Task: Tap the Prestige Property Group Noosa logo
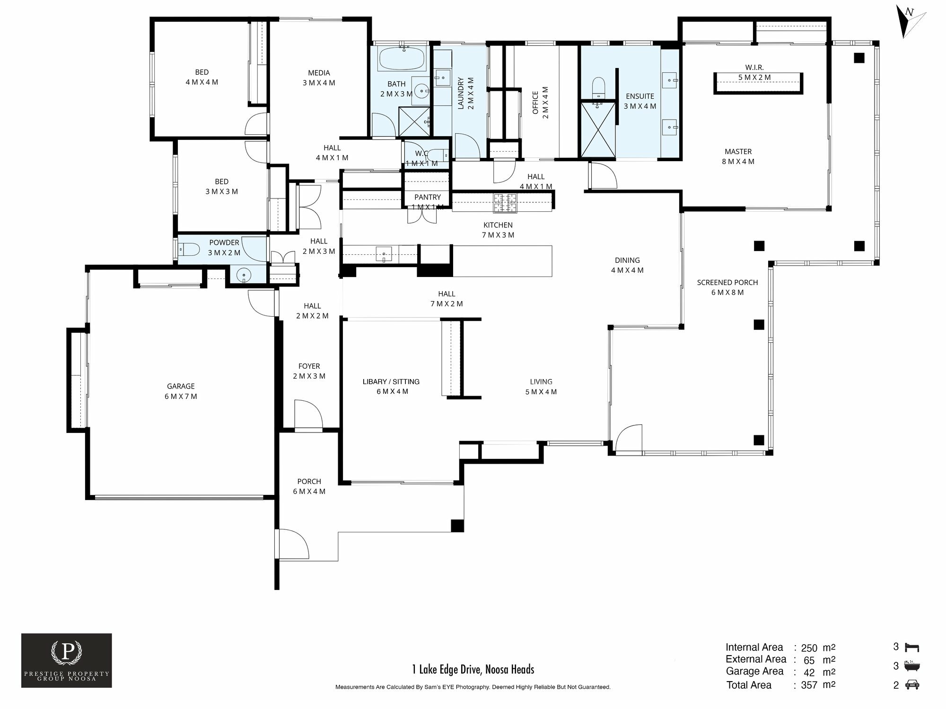click(x=67, y=660)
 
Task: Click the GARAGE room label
click(x=181, y=386)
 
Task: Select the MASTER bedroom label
click(x=738, y=152)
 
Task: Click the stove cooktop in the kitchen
click(x=505, y=203)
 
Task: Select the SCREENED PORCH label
click(x=727, y=283)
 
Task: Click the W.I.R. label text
click(x=754, y=67)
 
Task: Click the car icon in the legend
click(x=912, y=684)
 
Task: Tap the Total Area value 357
click(x=809, y=685)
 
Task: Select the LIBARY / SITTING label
click(x=391, y=381)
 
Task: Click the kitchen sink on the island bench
click(x=384, y=254)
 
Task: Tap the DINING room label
click(x=627, y=260)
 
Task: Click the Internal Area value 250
click(x=809, y=648)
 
